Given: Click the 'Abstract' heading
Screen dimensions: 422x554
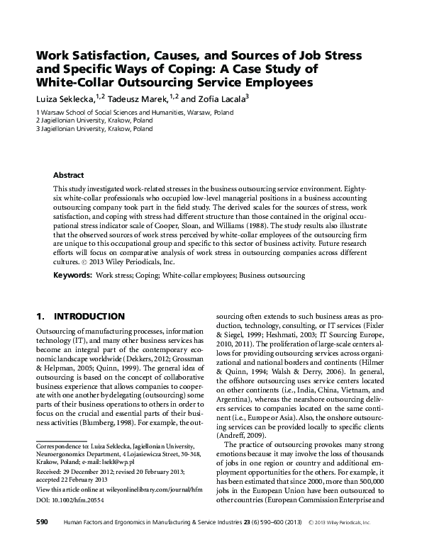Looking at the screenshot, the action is click(69, 175).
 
